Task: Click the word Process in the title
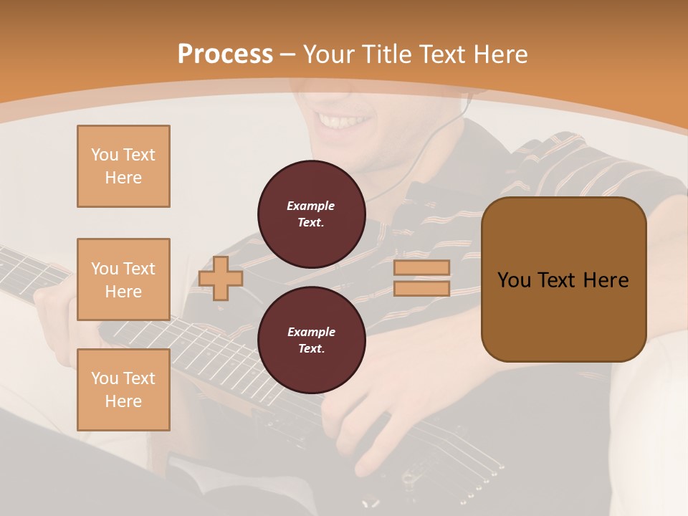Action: [225, 54]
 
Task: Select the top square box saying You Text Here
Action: [123, 166]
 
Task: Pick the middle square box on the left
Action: [123, 279]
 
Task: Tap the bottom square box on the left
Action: [123, 390]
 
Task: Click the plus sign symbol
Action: [221, 278]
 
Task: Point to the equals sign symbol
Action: [421, 278]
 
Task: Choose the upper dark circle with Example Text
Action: [312, 214]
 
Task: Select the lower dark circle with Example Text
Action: [312, 340]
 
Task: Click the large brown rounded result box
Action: [563, 279]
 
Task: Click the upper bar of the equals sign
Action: [421, 268]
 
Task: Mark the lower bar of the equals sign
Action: [421, 288]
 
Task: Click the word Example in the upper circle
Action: [310, 206]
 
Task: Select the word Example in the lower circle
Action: [311, 332]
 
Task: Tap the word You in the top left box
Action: [104, 155]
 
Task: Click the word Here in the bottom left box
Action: [123, 401]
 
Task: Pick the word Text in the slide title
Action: [438, 54]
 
